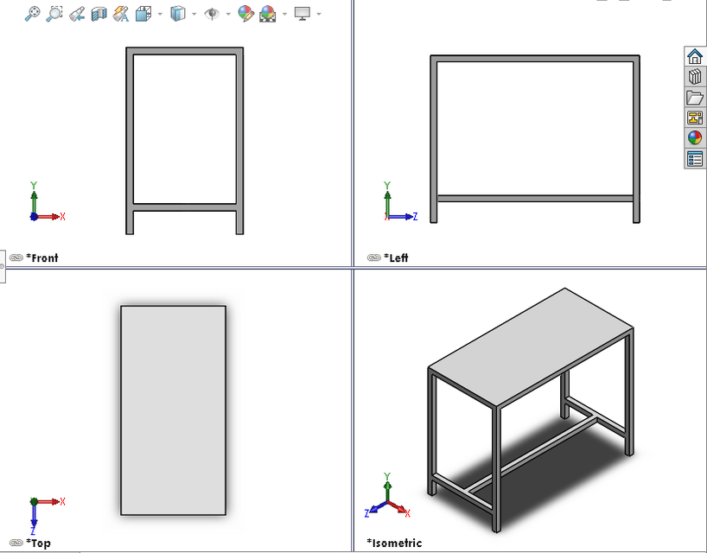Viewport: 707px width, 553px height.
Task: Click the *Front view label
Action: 42,257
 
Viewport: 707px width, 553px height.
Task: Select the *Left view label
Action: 398,257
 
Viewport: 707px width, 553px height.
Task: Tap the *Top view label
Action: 38,543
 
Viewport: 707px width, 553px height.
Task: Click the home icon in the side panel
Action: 695,57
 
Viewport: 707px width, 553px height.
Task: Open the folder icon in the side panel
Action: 695,98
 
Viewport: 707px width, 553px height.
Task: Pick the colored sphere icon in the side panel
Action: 695,138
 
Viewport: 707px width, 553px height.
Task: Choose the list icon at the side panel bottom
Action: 695,159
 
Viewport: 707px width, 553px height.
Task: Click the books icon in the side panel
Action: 695,78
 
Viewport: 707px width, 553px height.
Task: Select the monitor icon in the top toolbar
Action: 302,14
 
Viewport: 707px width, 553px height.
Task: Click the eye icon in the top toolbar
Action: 212,14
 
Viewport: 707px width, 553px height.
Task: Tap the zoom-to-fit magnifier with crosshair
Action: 33,14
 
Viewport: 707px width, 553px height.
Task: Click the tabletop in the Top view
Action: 173,410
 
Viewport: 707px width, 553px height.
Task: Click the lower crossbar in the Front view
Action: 184,207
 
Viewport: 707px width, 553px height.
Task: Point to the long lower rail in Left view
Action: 536,198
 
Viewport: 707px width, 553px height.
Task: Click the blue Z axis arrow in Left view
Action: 406,216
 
